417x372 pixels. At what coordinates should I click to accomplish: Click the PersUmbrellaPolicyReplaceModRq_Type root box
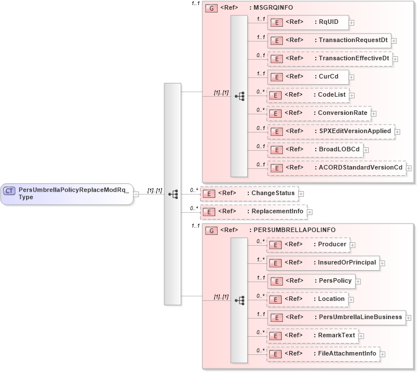66,193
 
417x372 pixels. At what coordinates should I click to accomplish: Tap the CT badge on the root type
10,191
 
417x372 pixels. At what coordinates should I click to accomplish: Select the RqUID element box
307,22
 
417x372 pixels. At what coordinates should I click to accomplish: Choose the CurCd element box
307,77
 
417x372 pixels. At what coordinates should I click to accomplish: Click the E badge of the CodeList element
276,96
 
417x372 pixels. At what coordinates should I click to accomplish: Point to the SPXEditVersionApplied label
355,131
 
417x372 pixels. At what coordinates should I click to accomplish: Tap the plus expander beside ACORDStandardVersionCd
408,168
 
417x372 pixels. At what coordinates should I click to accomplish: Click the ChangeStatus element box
249,193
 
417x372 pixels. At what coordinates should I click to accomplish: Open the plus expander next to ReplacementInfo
310,212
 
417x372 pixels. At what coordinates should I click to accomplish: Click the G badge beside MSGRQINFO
211,8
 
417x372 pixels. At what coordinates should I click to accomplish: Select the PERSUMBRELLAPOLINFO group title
293,230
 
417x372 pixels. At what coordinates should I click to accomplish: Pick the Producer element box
307,245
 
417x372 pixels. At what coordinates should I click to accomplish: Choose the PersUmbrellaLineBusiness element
336,317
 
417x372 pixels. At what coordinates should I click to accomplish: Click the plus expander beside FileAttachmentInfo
383,354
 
